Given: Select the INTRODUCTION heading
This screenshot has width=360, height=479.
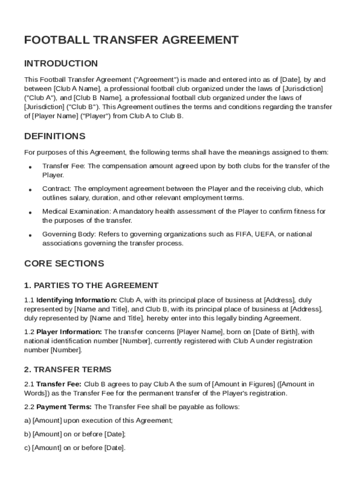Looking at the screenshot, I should click(61, 64).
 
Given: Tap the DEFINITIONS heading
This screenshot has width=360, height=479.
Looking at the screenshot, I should click(55, 137).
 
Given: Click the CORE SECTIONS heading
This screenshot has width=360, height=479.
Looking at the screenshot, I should click(64, 263).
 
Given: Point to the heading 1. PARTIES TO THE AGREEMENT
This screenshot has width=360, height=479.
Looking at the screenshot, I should click(91, 285).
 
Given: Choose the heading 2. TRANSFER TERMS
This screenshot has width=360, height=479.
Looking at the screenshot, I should click(68, 370).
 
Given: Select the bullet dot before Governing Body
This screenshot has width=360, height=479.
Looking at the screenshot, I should click(30, 235).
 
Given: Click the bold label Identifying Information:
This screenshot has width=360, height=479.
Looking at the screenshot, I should click(77, 300).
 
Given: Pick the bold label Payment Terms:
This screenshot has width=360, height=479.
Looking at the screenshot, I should click(65, 407).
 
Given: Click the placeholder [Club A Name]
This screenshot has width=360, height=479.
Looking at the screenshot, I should click(77, 88).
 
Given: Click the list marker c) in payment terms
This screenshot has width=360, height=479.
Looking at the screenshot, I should click(27, 448).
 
